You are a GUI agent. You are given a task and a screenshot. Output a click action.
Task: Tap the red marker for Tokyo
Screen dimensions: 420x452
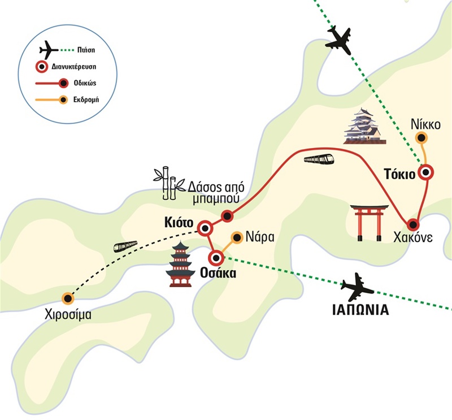pos(425,172)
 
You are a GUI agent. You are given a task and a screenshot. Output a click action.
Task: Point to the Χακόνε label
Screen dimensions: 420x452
pos(414,238)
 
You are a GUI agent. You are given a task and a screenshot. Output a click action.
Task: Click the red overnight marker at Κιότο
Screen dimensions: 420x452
pos(205,229)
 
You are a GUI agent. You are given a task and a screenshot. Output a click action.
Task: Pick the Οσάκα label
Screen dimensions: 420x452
pos(218,274)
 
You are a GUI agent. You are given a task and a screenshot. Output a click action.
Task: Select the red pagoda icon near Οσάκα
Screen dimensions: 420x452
pos(180,263)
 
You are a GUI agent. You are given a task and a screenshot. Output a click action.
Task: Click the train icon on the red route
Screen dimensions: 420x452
pos(319,159)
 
